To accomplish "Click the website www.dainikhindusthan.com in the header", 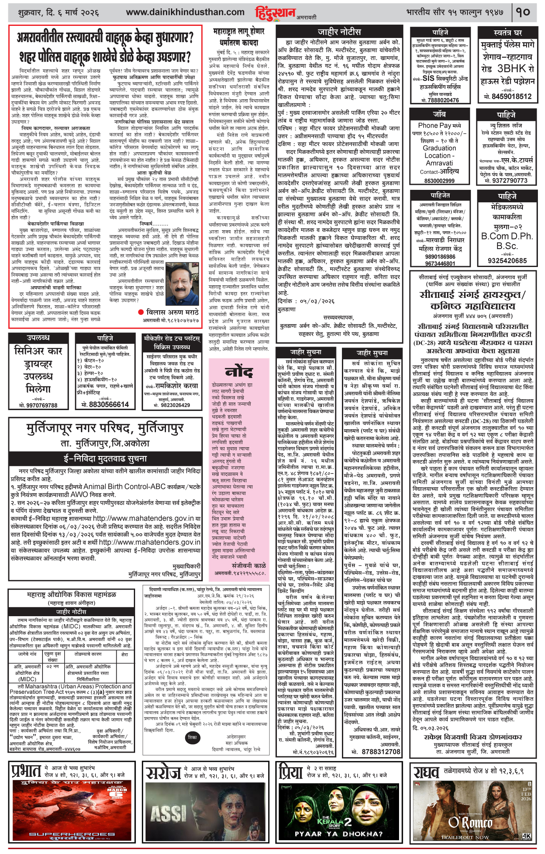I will (x=185, y=13).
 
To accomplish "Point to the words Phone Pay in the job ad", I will (x=433, y=125).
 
